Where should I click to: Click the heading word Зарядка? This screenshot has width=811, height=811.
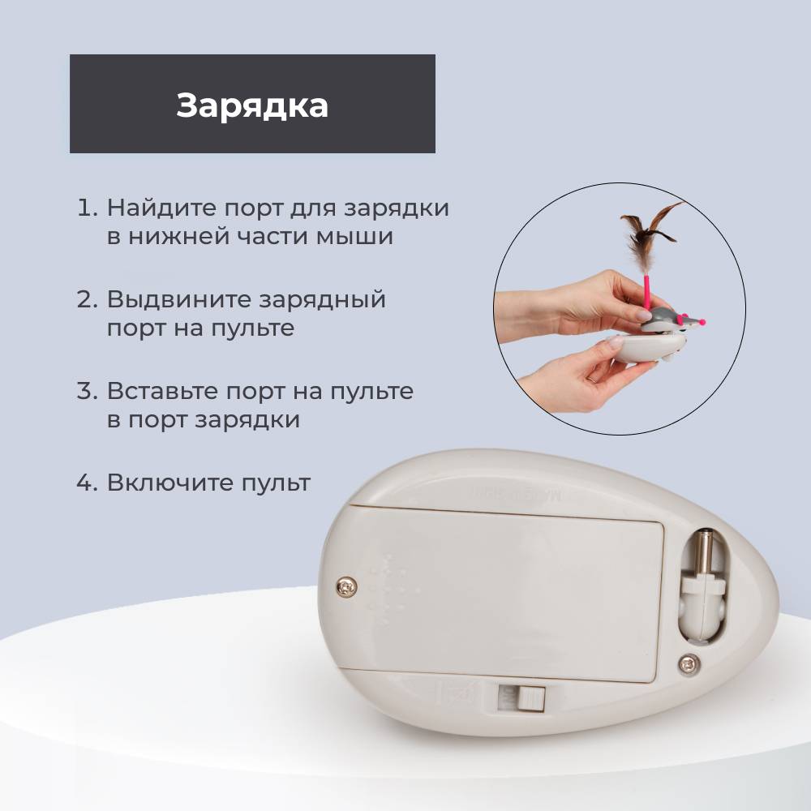click(252, 106)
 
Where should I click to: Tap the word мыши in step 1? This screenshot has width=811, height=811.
click(355, 236)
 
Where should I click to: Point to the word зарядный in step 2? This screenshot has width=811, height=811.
click(322, 300)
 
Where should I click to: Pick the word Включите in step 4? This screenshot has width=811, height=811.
click(169, 483)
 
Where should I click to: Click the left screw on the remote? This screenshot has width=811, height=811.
click(346, 586)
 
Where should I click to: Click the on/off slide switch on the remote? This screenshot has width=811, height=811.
click(521, 697)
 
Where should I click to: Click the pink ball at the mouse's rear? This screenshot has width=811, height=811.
click(702, 323)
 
